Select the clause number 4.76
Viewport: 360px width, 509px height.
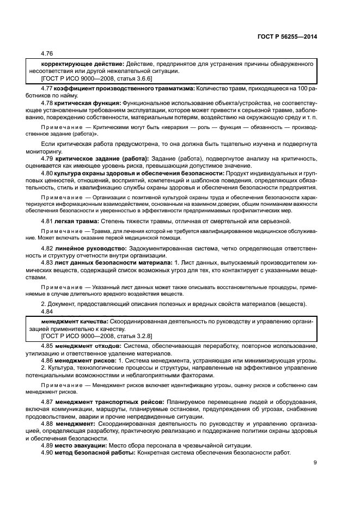pyautogui.click(x=47, y=53)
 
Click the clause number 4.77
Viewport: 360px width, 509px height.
pyautogui.click(x=47, y=87)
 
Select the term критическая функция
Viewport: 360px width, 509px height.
pyautogui.click(x=89, y=102)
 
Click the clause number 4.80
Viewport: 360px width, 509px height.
pyautogui.click(x=47, y=173)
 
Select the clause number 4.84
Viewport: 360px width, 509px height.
pyautogui.click(x=47, y=311)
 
